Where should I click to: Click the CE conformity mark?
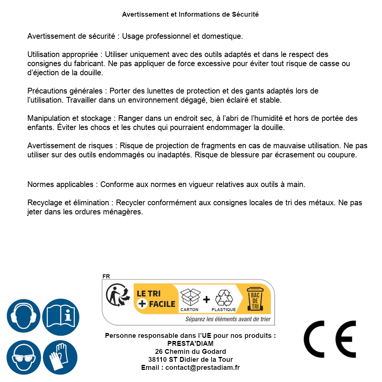click(x=330, y=339)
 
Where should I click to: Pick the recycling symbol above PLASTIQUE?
click(x=223, y=298)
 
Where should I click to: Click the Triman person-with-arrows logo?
click(x=116, y=295)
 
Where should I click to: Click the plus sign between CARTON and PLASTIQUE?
click(x=206, y=300)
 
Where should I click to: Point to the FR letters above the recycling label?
click(x=106, y=276)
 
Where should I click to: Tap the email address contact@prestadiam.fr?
click(x=203, y=368)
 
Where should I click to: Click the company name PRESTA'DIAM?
click(x=190, y=344)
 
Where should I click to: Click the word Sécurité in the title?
click(x=245, y=14)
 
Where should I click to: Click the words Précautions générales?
click(x=65, y=91)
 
